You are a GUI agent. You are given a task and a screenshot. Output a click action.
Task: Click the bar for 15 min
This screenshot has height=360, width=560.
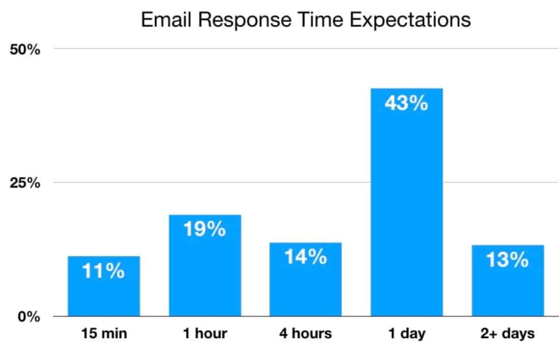click(104, 286)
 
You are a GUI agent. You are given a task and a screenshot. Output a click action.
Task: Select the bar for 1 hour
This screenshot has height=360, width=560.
click(205, 265)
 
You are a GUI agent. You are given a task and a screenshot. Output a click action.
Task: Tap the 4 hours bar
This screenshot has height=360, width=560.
click(306, 279)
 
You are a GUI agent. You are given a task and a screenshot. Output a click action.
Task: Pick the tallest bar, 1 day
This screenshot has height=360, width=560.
click(407, 202)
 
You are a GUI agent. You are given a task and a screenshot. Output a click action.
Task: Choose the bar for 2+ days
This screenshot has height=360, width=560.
click(508, 281)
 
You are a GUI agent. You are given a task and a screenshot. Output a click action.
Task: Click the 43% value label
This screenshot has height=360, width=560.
click(406, 103)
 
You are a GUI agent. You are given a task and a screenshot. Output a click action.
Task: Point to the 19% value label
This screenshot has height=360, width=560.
click(205, 229)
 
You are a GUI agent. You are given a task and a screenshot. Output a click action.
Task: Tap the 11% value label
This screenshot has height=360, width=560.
click(103, 271)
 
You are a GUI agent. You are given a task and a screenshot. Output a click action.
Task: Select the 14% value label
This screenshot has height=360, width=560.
click(306, 257)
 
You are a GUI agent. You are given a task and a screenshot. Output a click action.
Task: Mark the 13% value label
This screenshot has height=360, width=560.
click(508, 260)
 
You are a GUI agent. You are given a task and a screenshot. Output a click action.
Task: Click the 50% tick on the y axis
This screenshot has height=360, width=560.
click(25, 49)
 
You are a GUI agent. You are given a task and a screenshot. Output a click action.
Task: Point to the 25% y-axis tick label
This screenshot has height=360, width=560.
click(25, 183)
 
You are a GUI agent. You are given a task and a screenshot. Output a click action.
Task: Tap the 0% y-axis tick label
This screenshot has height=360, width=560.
click(29, 317)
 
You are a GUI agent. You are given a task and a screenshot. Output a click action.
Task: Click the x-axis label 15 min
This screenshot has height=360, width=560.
click(104, 334)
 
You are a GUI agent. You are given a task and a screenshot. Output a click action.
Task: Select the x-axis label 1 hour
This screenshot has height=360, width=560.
click(205, 334)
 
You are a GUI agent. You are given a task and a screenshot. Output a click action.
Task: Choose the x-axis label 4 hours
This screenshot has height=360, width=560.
click(306, 334)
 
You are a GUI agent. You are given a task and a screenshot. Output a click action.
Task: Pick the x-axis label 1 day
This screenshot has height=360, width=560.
click(407, 334)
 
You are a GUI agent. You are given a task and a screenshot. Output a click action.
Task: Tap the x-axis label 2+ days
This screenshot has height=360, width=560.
click(508, 334)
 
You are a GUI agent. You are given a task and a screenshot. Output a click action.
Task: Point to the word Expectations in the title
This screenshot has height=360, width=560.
click(410, 20)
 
